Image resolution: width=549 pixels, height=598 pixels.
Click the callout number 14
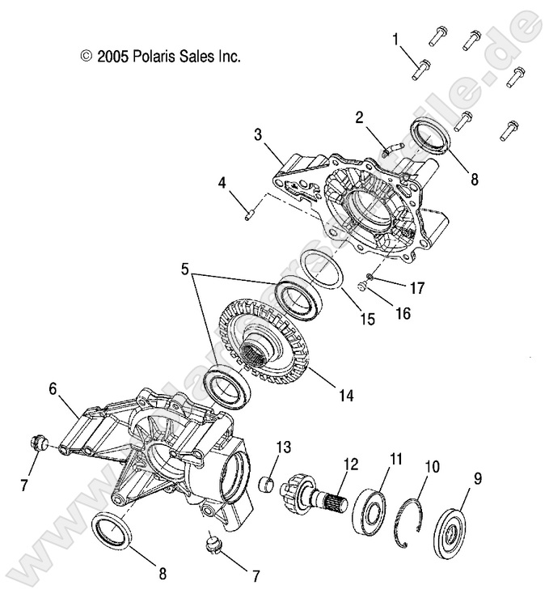pyautogui.click(x=346, y=396)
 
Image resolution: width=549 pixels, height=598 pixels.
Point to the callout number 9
pyautogui.click(x=478, y=478)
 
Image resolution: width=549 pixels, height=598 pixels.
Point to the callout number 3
pyautogui.click(x=257, y=134)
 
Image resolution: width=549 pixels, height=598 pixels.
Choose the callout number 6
pyautogui.click(x=53, y=388)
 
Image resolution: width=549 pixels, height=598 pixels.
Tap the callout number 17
pyautogui.click(x=419, y=286)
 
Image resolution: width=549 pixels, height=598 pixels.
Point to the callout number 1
pyautogui.click(x=395, y=39)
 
